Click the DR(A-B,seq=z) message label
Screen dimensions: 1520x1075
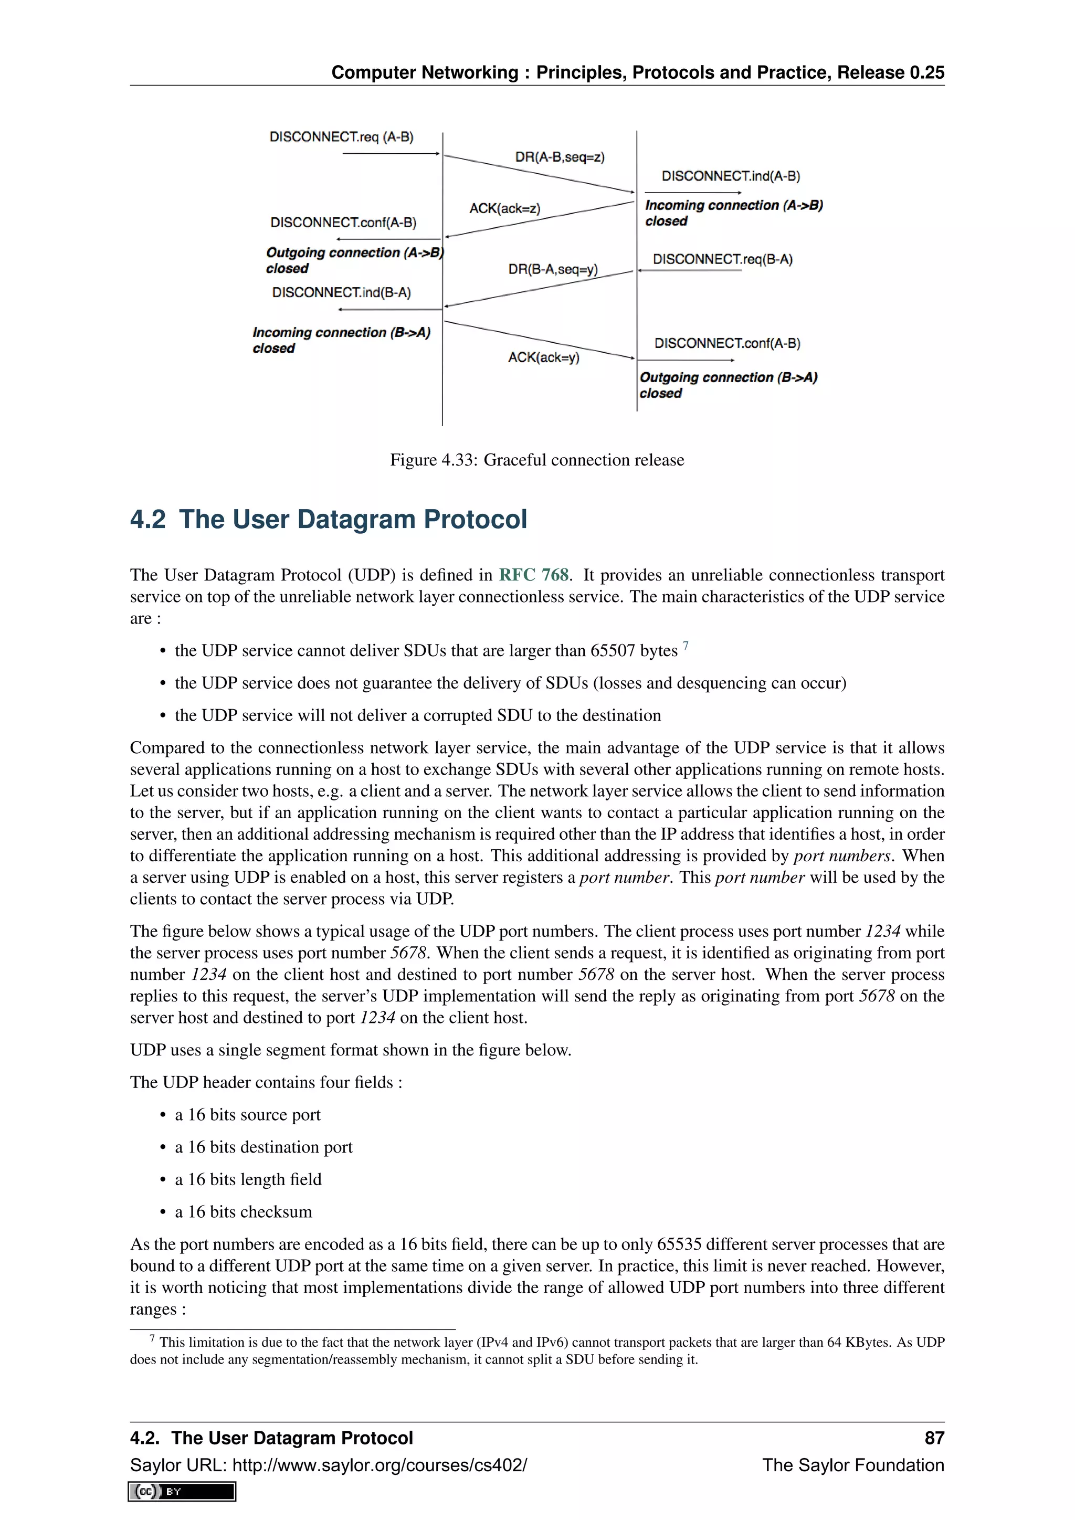click(x=560, y=157)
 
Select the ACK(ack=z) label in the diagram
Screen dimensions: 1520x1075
click(x=504, y=208)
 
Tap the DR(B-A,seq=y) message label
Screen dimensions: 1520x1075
click(x=553, y=269)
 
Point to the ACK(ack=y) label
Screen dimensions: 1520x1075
click(x=543, y=357)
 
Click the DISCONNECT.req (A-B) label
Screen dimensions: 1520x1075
click(x=341, y=137)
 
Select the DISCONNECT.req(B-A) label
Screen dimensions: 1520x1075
click(x=722, y=259)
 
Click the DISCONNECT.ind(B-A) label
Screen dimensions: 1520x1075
click(x=341, y=293)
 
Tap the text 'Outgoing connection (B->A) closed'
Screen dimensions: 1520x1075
click(x=728, y=385)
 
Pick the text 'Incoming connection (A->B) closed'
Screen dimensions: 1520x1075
click(x=733, y=213)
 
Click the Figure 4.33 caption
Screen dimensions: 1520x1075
click(x=537, y=460)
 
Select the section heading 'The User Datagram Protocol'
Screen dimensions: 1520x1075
click(x=352, y=520)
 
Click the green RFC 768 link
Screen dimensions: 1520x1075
click(x=533, y=575)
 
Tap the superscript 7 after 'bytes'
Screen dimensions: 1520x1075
click(x=686, y=646)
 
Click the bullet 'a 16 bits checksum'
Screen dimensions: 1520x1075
click(x=243, y=1211)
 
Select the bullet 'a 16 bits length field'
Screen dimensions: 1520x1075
click(x=248, y=1179)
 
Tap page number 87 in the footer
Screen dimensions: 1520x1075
click(x=933, y=1438)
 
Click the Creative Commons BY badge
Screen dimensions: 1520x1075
click(x=182, y=1491)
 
